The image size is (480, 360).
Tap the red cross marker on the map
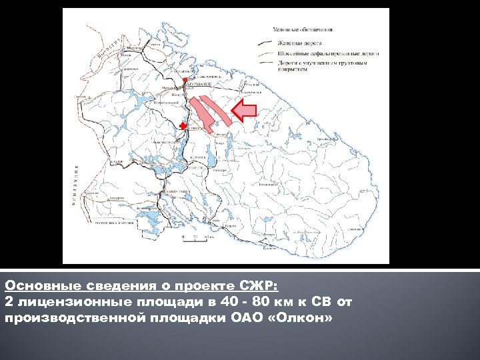pos(183,126)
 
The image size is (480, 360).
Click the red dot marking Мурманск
pos(186,80)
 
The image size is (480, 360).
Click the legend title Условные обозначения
pos(303,29)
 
